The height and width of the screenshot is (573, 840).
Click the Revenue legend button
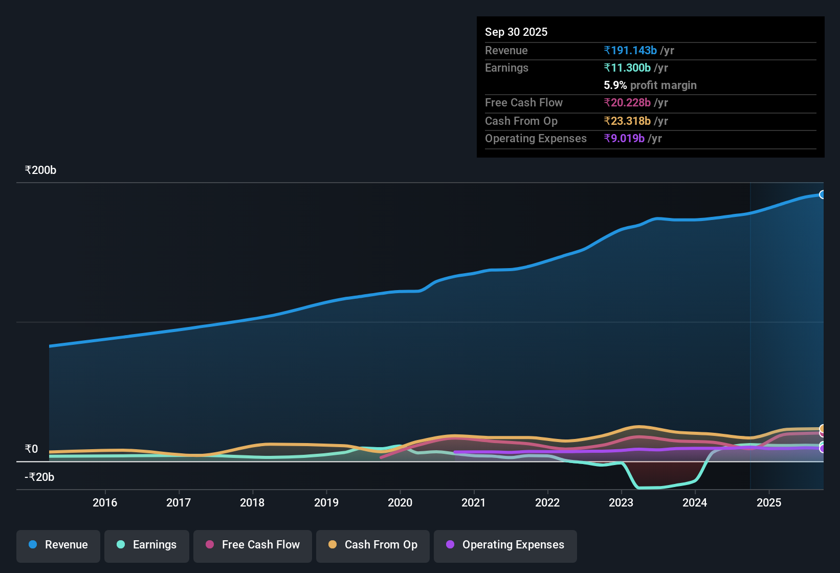(x=58, y=545)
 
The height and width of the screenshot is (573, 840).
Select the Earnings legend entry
(x=147, y=545)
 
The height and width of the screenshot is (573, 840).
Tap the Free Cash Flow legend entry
(x=253, y=545)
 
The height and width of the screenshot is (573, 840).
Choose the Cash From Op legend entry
(x=373, y=545)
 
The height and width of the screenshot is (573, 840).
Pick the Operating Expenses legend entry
(x=505, y=545)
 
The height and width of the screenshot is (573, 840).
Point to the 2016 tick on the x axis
(x=105, y=502)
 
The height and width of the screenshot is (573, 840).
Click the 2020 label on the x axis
(x=400, y=502)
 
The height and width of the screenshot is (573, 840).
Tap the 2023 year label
(x=621, y=502)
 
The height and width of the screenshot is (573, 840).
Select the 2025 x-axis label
(x=769, y=502)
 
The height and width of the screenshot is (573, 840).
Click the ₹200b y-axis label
(x=41, y=170)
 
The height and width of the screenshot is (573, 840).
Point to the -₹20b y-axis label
(x=39, y=477)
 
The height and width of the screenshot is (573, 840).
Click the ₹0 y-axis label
(x=32, y=449)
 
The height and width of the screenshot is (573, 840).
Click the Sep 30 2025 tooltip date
(x=516, y=32)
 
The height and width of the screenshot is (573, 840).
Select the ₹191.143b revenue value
(x=630, y=51)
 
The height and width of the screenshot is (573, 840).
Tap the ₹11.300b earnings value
(x=627, y=68)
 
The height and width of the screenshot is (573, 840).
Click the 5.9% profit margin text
(x=650, y=85)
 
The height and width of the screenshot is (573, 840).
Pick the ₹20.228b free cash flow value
(x=627, y=103)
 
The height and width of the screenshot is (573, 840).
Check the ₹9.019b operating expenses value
(x=624, y=139)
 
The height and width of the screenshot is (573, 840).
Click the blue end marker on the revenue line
(x=822, y=194)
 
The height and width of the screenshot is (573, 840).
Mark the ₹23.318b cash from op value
(x=627, y=121)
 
